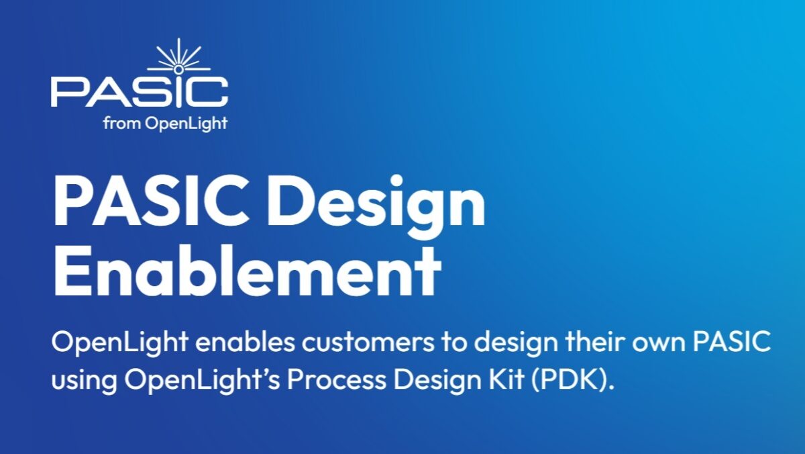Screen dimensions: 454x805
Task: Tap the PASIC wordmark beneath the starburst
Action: (x=140, y=92)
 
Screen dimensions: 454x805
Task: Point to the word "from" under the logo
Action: (x=121, y=124)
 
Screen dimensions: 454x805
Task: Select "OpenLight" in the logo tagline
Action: (x=186, y=124)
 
